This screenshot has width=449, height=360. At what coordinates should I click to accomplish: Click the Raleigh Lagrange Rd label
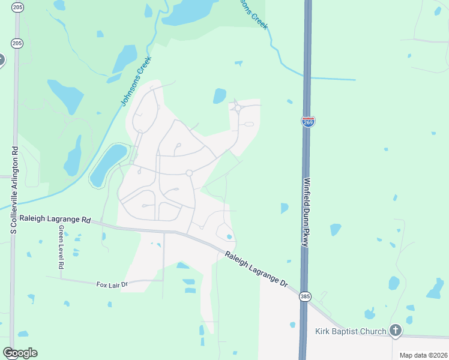tap(55, 220)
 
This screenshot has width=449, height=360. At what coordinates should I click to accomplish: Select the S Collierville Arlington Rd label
tap(14, 190)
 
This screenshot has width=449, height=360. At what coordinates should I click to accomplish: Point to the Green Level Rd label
tap(61, 247)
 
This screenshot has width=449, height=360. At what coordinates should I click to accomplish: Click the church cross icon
tap(395, 329)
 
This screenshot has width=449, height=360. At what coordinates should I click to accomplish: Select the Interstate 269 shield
tap(308, 122)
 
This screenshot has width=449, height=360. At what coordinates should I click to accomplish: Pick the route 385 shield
tap(306, 296)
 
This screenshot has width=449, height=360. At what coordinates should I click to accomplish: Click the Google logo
tap(20, 352)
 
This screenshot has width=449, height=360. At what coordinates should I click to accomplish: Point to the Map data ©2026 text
tap(423, 355)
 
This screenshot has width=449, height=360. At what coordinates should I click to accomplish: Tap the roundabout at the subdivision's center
tap(189, 173)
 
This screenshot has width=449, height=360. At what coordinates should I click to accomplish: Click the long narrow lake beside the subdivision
tap(107, 164)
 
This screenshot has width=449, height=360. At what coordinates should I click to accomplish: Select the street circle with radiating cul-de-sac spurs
tap(238, 109)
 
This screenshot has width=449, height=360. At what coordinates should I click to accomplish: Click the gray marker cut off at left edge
tap(1, 60)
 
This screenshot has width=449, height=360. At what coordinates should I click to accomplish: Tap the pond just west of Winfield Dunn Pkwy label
tap(284, 208)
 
